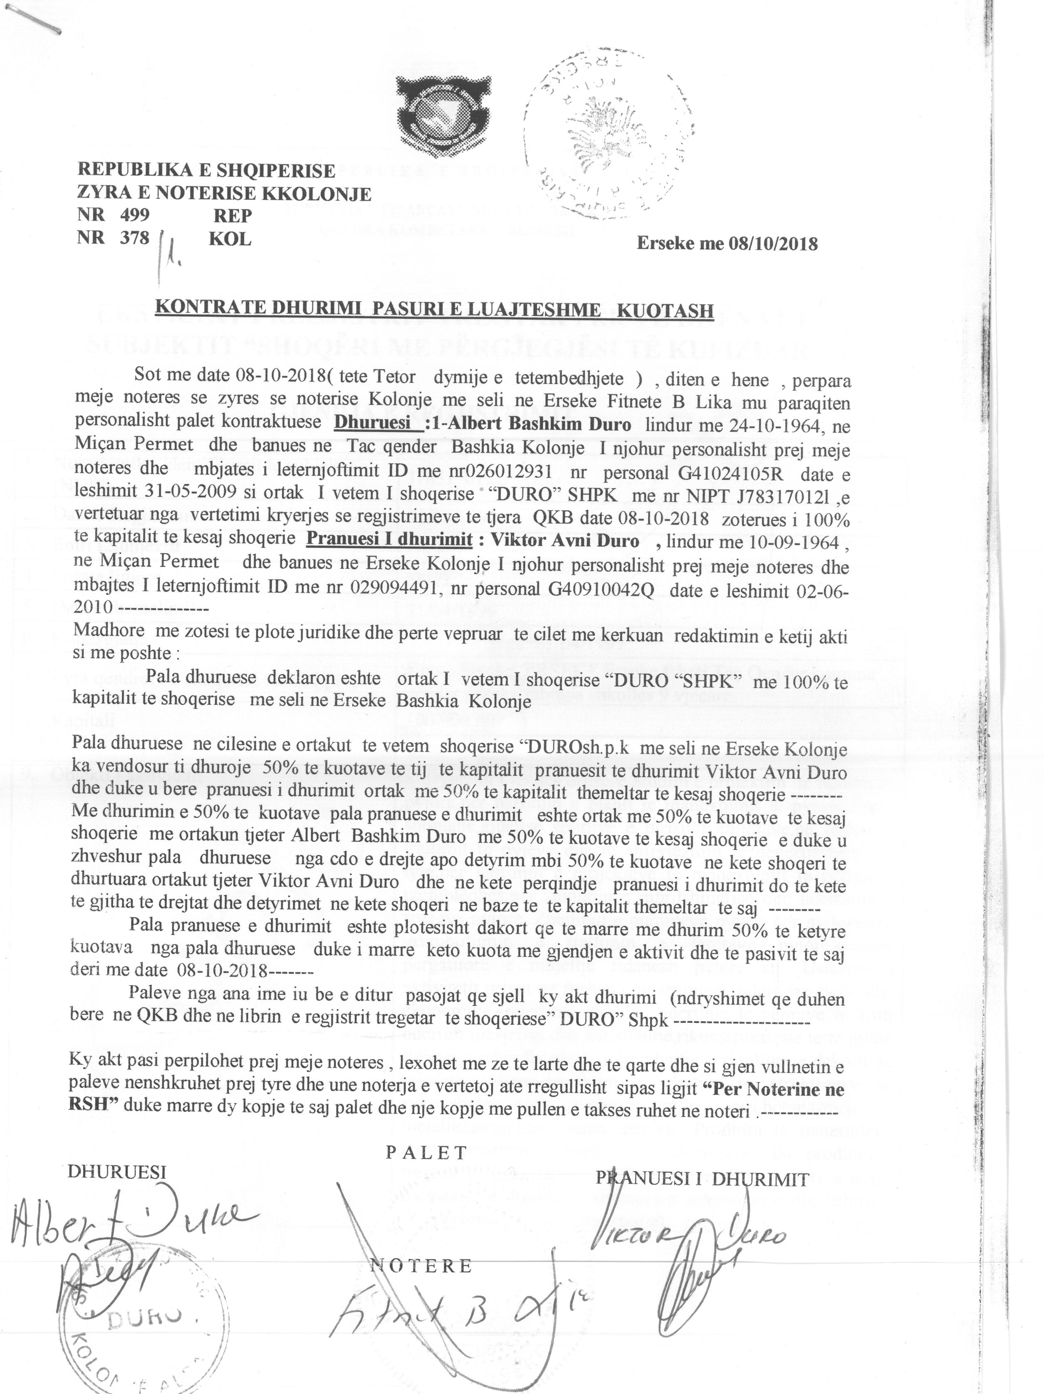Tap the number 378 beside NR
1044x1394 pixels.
click(135, 238)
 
